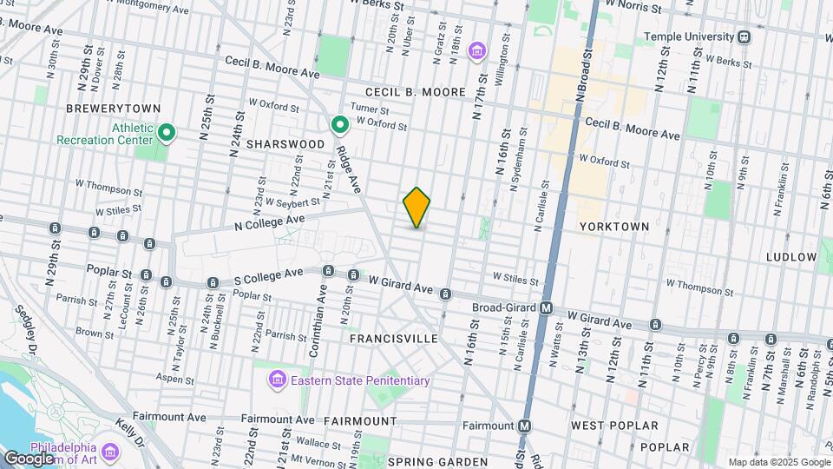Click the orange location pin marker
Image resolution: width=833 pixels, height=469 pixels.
click(416, 208)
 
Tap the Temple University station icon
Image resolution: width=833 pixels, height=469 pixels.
click(744, 37)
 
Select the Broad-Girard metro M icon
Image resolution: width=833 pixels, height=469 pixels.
click(547, 307)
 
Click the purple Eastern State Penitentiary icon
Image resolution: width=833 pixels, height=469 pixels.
click(277, 380)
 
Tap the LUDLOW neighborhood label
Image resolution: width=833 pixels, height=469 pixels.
click(791, 257)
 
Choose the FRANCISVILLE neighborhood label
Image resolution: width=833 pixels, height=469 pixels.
click(393, 338)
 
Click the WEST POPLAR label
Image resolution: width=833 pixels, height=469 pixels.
click(614, 426)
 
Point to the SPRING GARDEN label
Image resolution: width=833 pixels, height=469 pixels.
click(437, 461)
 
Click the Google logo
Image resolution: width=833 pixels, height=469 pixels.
click(29, 458)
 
